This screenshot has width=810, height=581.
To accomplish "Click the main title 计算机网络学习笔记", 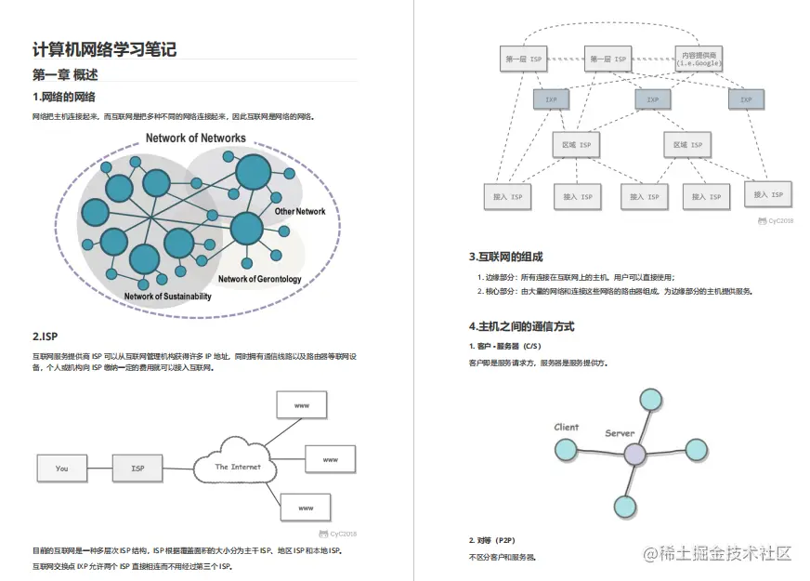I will coord(104,50).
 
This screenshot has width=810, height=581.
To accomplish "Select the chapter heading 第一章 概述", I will coord(65,75).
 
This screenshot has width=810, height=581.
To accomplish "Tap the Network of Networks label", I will coord(195,139).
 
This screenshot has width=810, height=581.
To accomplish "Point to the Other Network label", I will coord(300,212).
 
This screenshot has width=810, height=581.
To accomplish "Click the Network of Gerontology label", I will coord(260,279).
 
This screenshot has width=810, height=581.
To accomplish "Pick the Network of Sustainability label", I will coord(168,297).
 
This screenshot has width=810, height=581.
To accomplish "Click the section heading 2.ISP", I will coord(46,337).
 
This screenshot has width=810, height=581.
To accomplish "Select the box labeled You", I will coord(61,468).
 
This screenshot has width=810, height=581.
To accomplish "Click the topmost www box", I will coord(302,406).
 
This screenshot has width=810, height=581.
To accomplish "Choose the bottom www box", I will coord(307,508).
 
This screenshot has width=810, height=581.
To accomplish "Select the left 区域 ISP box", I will coord(577,145).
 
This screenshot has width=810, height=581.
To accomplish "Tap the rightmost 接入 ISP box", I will coord(768,194).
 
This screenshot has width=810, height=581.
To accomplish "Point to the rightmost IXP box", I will coord(746,99).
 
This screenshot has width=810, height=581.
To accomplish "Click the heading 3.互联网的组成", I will coord(505,257).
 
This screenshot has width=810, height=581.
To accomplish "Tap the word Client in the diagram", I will coord(567,428).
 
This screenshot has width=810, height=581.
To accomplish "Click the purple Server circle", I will coord(634,455).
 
